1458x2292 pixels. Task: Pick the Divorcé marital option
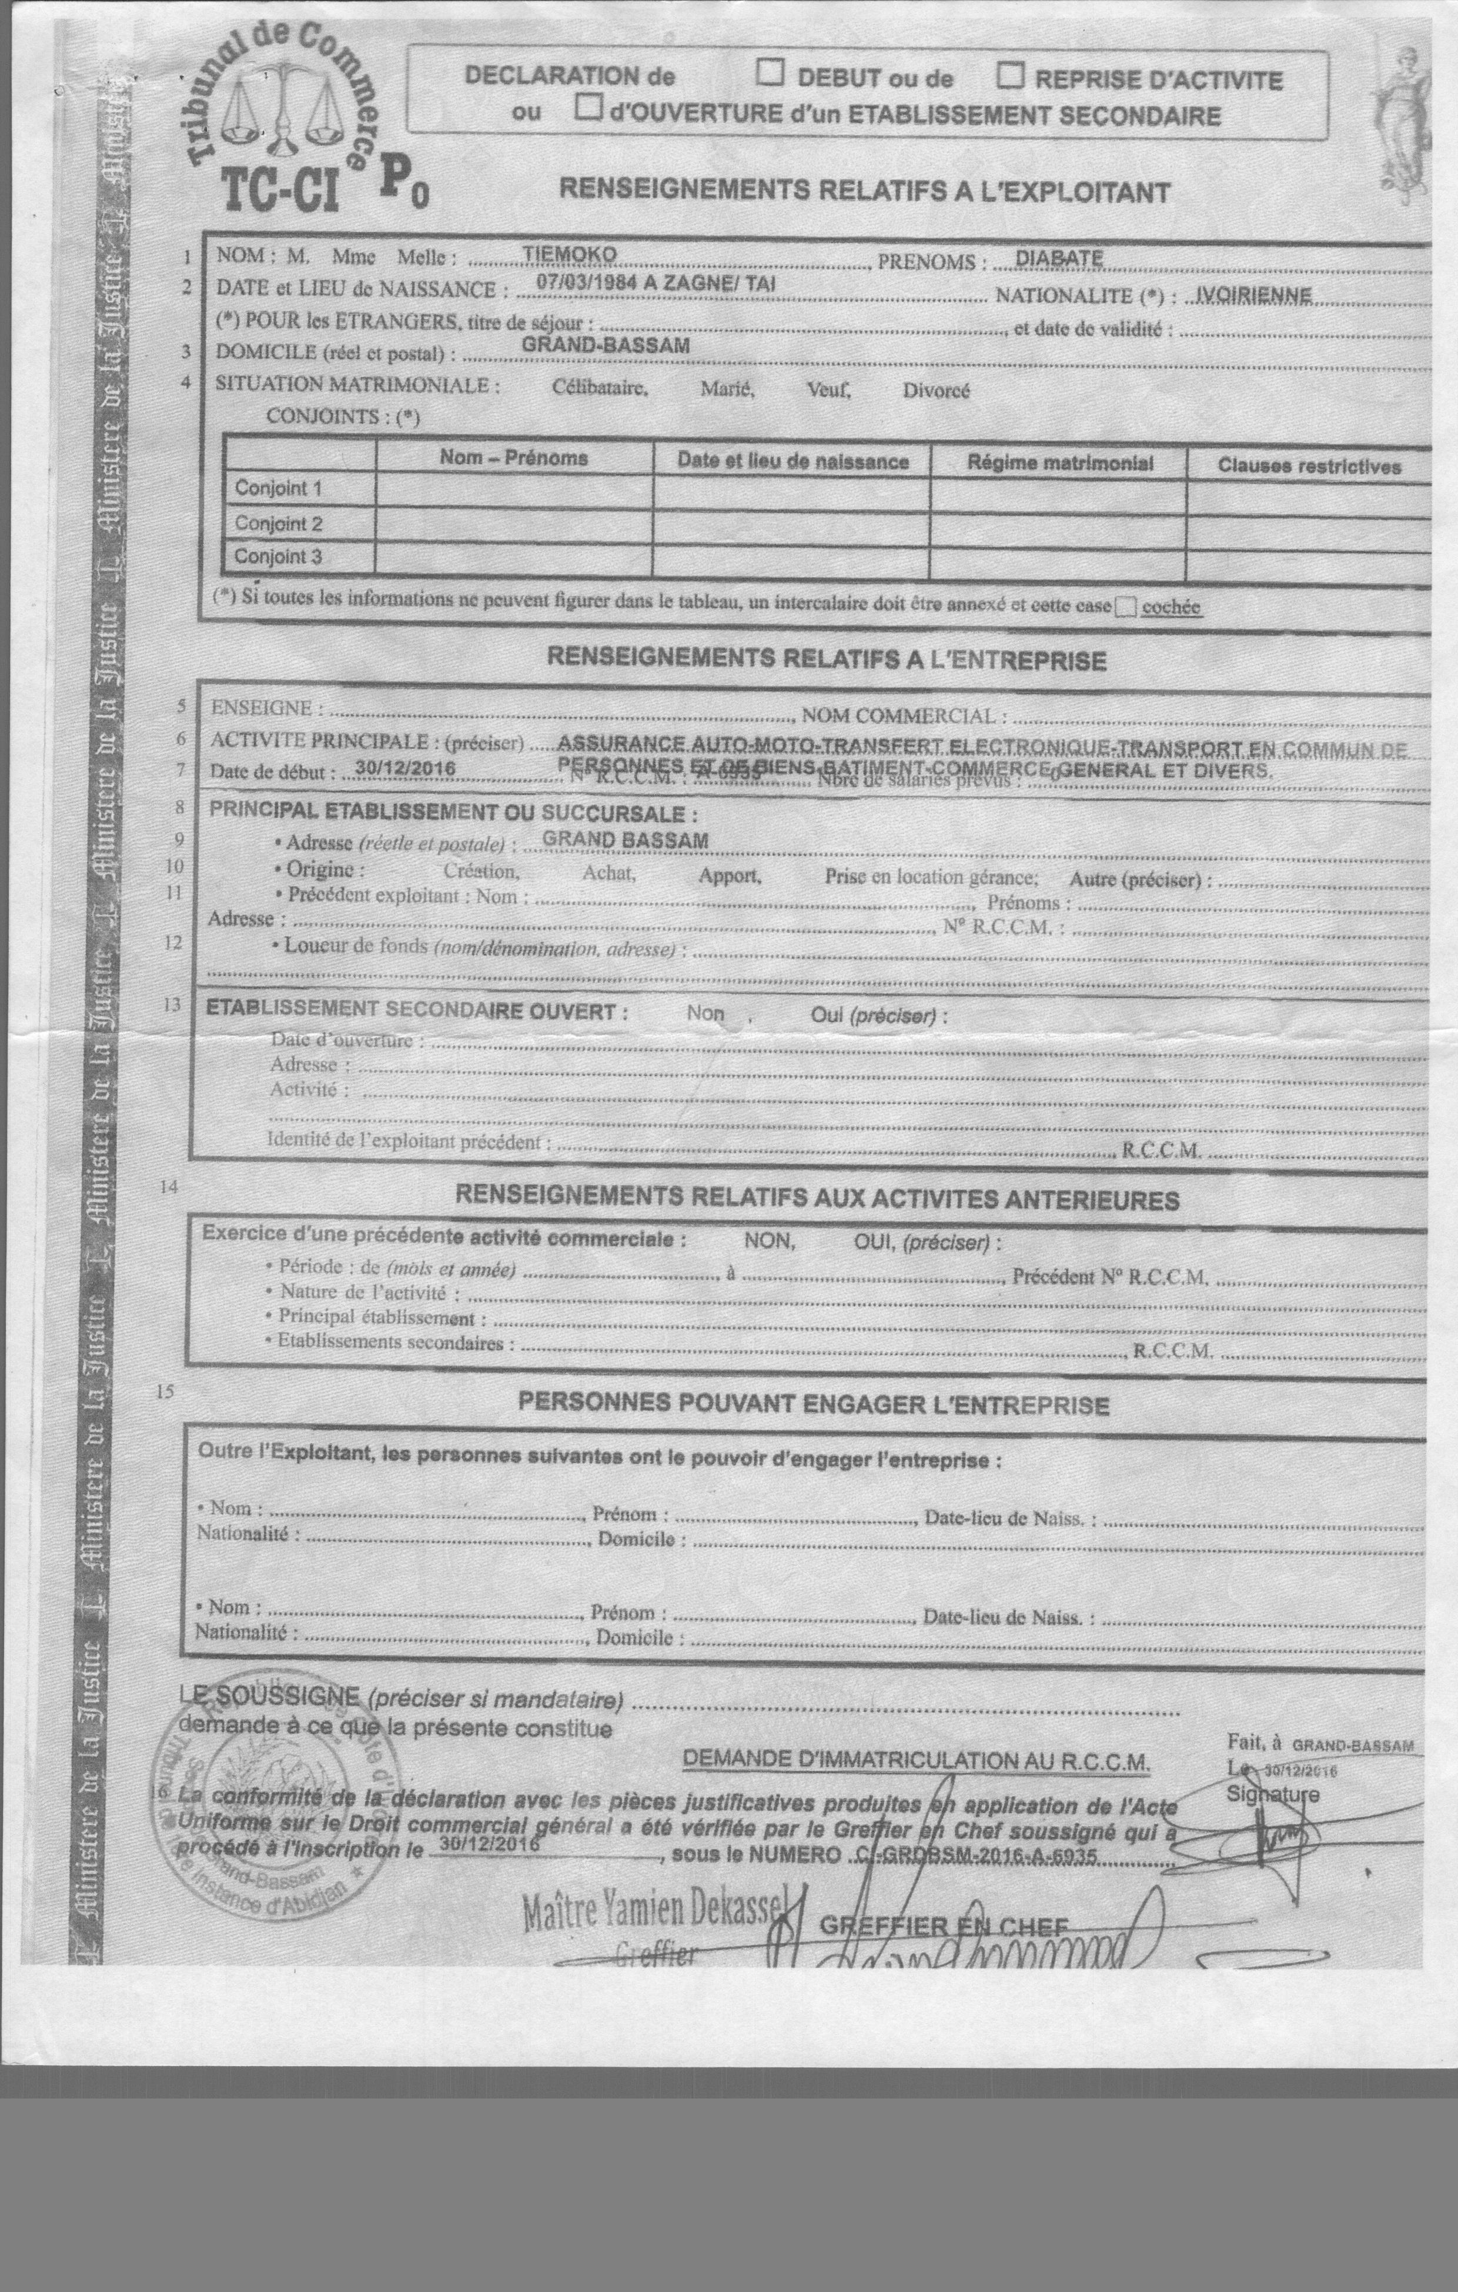click(937, 391)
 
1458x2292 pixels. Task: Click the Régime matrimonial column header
click(1060, 463)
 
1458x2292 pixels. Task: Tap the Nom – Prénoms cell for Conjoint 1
click(514, 489)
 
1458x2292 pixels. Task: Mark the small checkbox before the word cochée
click(1126, 606)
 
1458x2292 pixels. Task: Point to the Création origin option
click(480, 871)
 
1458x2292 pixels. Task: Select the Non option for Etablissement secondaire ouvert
click(705, 1013)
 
